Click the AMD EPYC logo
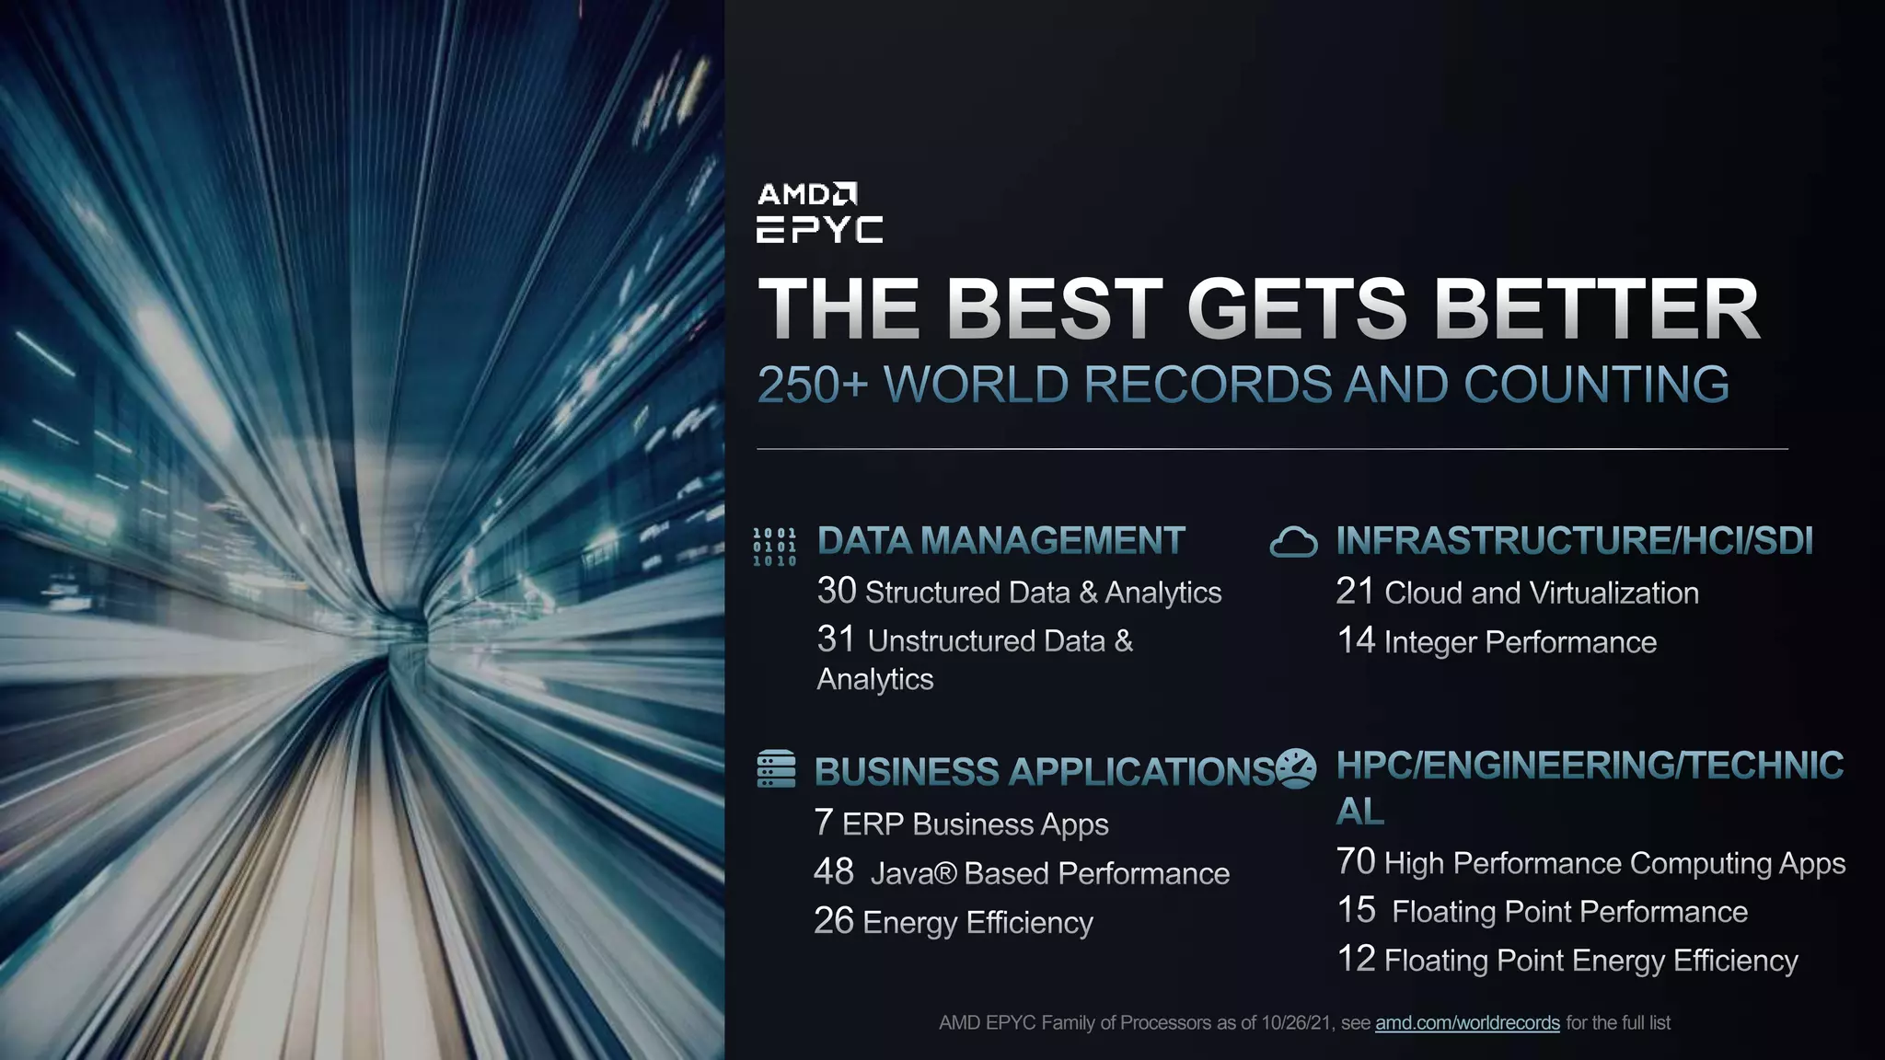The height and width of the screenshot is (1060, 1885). click(818, 213)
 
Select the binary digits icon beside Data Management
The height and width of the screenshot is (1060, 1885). click(774, 547)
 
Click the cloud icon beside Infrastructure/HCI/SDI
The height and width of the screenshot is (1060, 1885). click(1293, 543)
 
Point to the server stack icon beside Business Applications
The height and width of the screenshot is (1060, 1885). click(776, 769)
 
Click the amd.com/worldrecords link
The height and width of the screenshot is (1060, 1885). click(1467, 1022)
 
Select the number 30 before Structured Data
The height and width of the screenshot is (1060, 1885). click(837, 591)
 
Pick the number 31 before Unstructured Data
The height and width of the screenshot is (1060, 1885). click(836, 639)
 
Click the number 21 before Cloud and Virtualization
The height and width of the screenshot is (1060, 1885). click(1355, 591)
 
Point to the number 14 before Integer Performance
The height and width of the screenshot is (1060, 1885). click(1356, 640)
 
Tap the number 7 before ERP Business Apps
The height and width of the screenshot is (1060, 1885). click(824, 822)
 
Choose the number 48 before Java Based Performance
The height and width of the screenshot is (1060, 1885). click(834, 871)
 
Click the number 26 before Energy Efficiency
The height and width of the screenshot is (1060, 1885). click(834, 920)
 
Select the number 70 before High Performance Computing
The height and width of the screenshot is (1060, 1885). click(1356, 861)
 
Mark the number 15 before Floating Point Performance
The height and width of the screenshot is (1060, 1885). click(1357, 910)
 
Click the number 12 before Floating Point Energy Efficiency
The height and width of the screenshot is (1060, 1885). click(1356, 959)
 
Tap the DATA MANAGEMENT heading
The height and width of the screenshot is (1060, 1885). click(1000, 541)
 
